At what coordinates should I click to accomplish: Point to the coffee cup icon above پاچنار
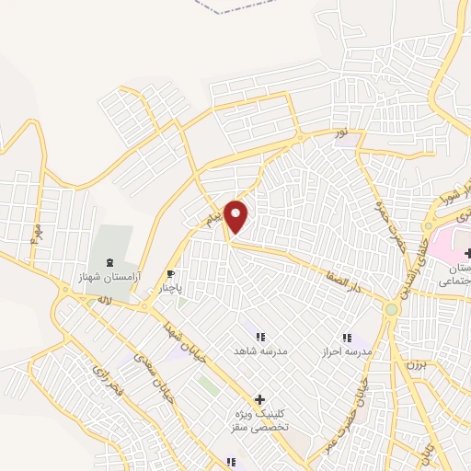170,273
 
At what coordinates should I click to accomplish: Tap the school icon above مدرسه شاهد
260,338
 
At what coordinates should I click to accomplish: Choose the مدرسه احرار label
347,352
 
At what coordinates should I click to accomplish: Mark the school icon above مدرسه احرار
347,338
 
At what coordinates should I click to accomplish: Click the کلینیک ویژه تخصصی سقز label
260,421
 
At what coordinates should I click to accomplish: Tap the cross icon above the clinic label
260,400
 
